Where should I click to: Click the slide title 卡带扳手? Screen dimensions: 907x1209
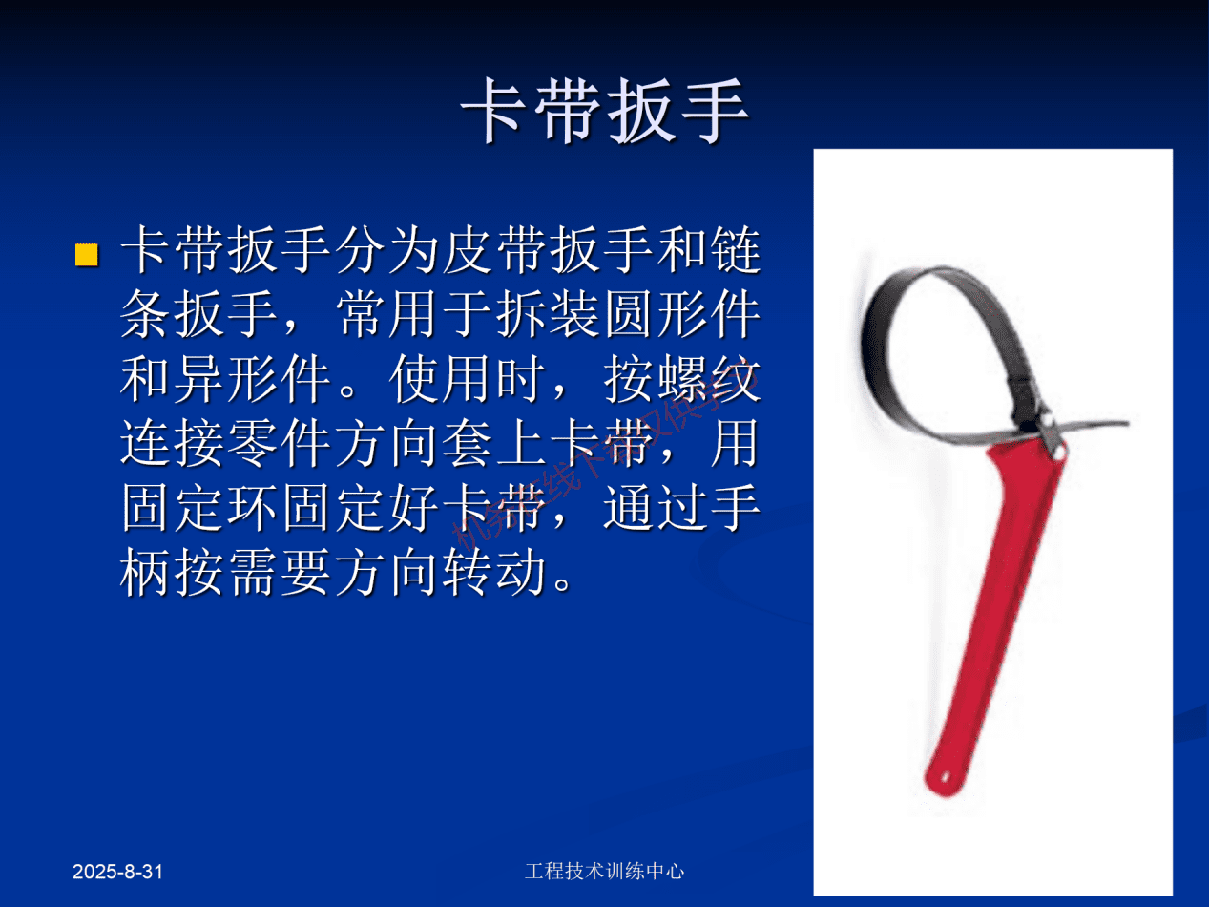coord(605,111)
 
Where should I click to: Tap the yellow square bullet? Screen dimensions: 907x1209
coord(87,255)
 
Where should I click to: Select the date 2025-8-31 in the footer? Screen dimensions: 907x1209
coord(119,872)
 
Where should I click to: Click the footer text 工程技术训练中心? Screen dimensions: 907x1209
coord(604,871)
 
